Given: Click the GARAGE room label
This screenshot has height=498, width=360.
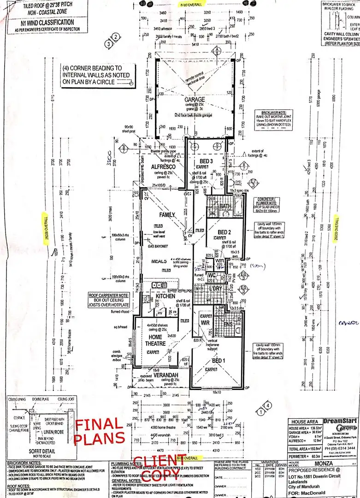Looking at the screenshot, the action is [195, 100].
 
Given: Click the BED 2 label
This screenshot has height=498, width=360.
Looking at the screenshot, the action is [224, 231].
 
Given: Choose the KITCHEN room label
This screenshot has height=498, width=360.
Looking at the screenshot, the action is [165, 296].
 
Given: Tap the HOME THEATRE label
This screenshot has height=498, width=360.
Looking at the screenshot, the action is [155, 340].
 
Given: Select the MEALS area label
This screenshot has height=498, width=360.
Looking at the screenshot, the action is [159, 261].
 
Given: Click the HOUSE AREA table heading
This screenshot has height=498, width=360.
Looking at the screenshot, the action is [302, 421].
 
